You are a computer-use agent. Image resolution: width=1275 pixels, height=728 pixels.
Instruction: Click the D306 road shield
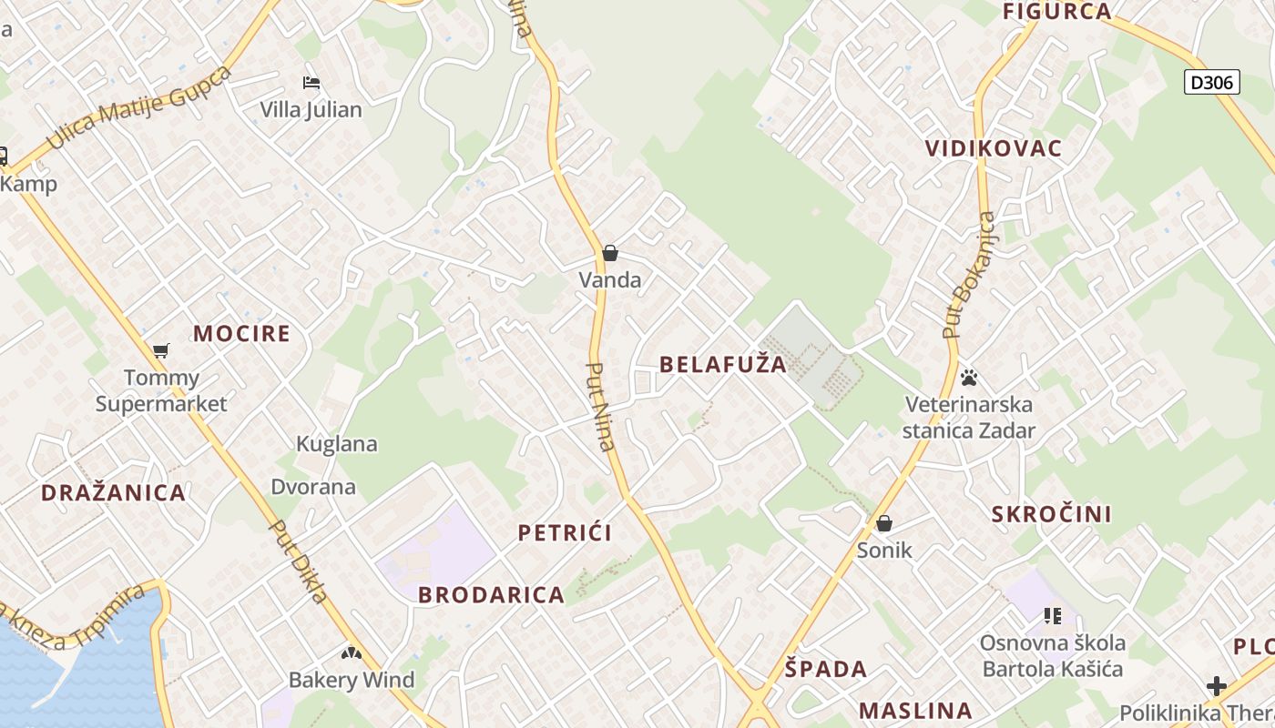pyautogui.click(x=1213, y=83)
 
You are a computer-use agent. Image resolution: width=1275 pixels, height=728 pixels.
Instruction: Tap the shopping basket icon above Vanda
pyautogui.click(x=610, y=253)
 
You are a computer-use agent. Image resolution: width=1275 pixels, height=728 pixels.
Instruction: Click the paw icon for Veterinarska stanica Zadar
pyautogui.click(x=969, y=377)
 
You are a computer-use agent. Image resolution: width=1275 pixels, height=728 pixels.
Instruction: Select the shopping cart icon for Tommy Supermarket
pyautogui.click(x=161, y=350)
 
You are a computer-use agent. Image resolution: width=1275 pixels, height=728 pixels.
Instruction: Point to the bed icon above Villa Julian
pyautogui.click(x=311, y=83)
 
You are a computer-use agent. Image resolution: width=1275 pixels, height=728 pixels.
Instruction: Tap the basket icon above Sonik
pyautogui.click(x=883, y=523)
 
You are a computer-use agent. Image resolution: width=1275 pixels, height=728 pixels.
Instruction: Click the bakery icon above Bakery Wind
pyautogui.click(x=351, y=653)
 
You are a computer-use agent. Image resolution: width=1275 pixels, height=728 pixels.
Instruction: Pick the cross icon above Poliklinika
pyautogui.click(x=1216, y=685)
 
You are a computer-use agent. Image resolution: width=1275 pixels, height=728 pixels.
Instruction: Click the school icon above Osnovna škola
pyautogui.click(x=1053, y=616)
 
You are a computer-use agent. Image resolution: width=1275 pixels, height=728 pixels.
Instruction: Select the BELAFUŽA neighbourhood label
pyautogui.click(x=722, y=365)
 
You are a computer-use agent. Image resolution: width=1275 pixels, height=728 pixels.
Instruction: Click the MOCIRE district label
pyautogui.click(x=241, y=333)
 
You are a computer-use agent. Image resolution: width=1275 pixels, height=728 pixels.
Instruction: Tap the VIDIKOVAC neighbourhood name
pyautogui.click(x=994, y=148)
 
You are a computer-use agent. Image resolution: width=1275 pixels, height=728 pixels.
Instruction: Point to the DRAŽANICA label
pyautogui.click(x=113, y=493)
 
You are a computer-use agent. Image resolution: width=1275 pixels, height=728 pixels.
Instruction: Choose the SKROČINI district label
pyautogui.click(x=1051, y=514)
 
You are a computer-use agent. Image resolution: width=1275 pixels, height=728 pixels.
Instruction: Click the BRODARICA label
pyautogui.click(x=491, y=595)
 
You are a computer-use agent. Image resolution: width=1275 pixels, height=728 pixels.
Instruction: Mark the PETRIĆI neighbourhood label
pyautogui.click(x=565, y=533)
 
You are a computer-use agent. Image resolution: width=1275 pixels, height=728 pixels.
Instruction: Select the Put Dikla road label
pyautogui.click(x=298, y=561)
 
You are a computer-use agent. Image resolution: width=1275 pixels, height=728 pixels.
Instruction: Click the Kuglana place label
pyautogui.click(x=337, y=444)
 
